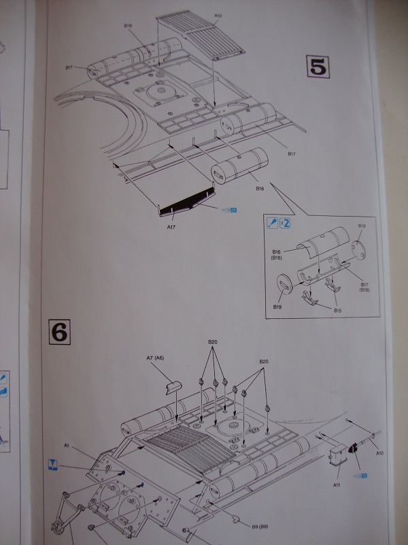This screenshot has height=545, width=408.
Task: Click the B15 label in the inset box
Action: pyautogui.click(x=338, y=310)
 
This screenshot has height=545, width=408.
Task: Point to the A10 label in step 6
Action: pyautogui.click(x=380, y=452)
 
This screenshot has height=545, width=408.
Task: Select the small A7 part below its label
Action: pyautogui.click(x=173, y=387)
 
